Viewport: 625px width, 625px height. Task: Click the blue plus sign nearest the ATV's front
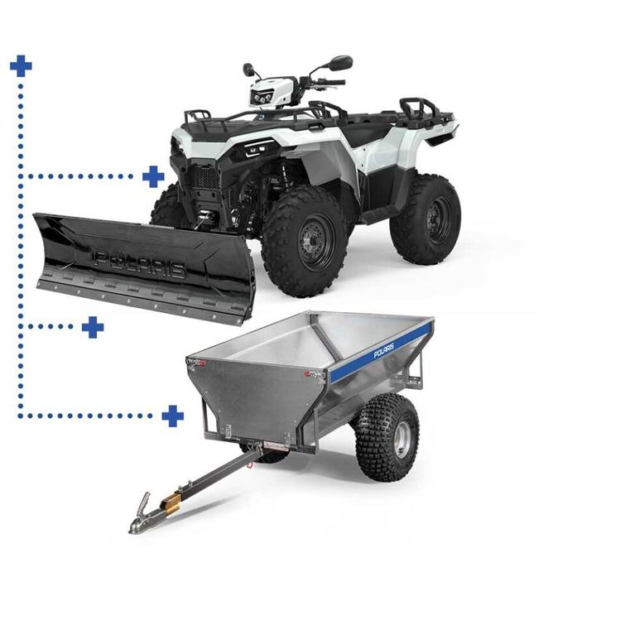click(153, 176)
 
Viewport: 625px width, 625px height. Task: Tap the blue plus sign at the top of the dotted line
click(21, 65)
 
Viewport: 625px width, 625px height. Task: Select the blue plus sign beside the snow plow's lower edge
click(93, 327)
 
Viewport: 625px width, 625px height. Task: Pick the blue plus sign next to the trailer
click(172, 416)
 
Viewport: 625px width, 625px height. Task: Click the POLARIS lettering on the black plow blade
click(140, 263)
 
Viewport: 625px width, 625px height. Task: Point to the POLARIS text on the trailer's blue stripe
click(383, 351)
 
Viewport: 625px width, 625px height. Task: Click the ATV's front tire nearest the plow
click(304, 241)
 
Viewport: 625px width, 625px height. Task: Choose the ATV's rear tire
click(425, 219)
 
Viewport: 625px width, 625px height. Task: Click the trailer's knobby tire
click(387, 437)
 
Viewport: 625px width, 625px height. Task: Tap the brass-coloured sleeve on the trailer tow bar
click(171, 506)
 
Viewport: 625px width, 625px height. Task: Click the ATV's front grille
click(205, 177)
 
